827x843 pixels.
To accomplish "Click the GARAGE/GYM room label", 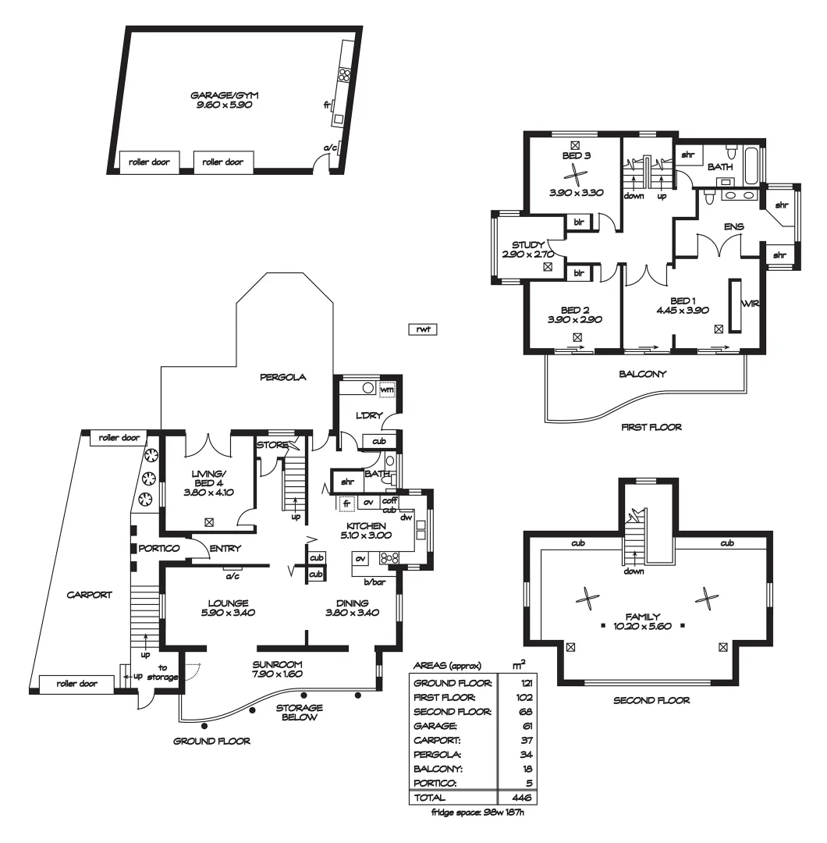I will (224, 94).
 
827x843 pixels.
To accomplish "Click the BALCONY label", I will (643, 373).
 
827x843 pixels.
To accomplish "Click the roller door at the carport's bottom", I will (76, 683).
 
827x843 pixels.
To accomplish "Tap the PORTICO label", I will (159, 549).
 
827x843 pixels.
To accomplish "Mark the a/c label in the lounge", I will (231, 577).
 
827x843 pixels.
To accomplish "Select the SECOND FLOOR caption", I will (651, 701).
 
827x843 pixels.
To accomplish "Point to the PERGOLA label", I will (283, 377).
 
